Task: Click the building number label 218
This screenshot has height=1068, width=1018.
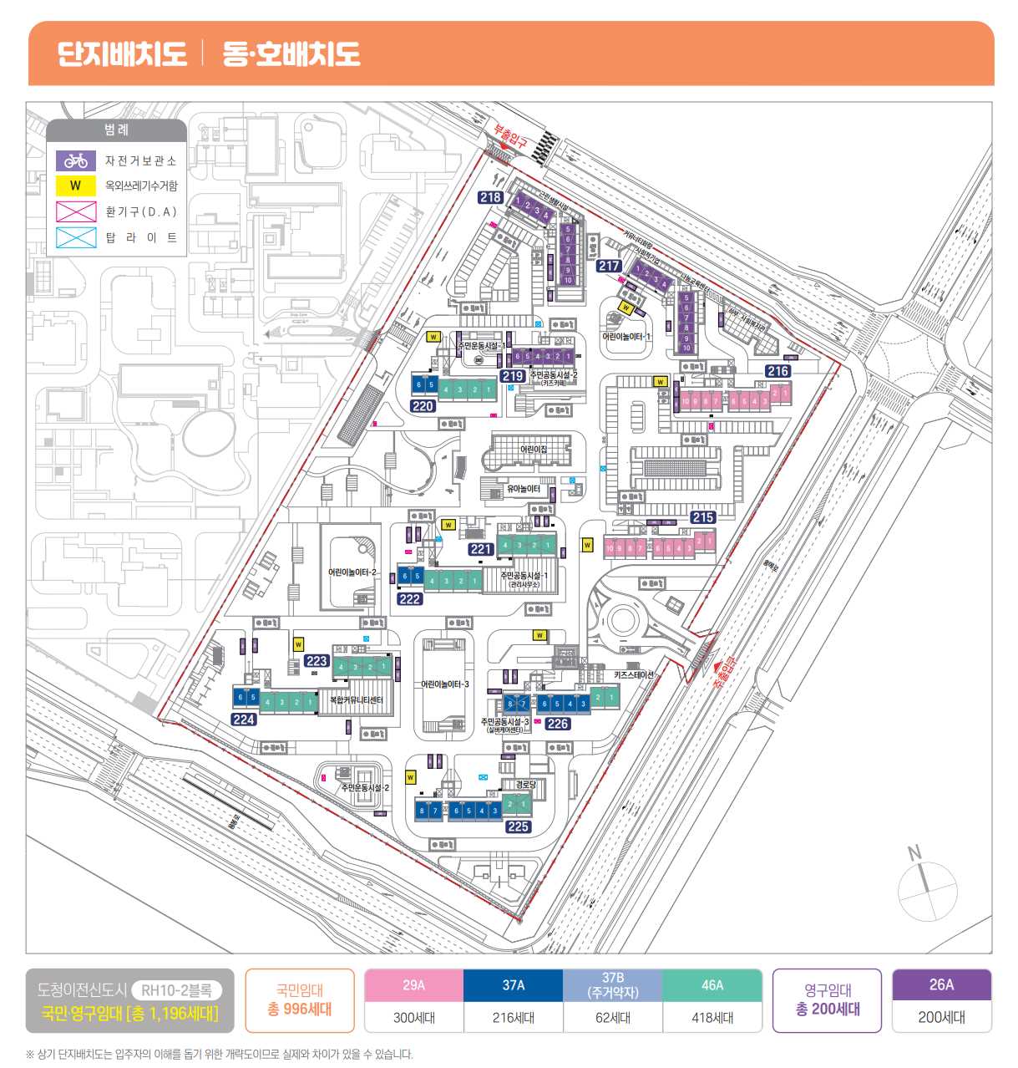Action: click(x=490, y=197)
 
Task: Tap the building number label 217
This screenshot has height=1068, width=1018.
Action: click(x=609, y=266)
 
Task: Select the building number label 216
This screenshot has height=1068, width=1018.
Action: click(x=777, y=370)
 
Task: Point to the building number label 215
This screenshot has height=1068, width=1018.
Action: click(x=702, y=517)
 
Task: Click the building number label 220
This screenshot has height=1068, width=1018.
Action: click(x=423, y=405)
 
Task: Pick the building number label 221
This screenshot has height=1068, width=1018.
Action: click(x=480, y=549)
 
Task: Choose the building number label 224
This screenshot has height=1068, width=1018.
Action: click(x=244, y=719)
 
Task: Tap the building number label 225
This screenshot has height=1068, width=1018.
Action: click(x=518, y=826)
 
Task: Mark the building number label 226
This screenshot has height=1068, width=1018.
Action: click(x=558, y=724)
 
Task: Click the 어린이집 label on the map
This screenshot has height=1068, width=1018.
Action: click(x=534, y=450)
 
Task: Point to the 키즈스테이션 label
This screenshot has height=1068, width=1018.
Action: click(x=634, y=674)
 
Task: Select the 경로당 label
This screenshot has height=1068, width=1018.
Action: click(x=525, y=784)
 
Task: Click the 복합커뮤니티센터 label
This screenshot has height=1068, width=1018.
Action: click(x=356, y=699)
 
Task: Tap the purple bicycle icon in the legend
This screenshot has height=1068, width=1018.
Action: click(x=76, y=160)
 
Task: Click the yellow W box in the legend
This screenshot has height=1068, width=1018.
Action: click(x=76, y=186)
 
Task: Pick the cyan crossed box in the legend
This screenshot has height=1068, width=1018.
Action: click(x=76, y=237)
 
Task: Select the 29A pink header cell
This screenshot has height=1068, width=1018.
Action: click(x=413, y=985)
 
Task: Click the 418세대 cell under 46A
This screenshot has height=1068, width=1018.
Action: click(x=712, y=1017)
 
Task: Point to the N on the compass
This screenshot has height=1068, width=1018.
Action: click(x=914, y=852)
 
